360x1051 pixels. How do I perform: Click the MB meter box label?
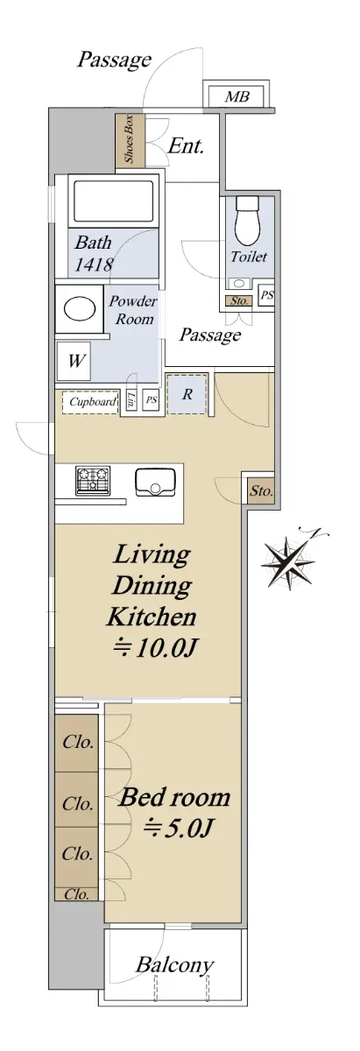pyautogui.click(x=237, y=96)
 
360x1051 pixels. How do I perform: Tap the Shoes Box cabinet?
pyautogui.click(x=130, y=139)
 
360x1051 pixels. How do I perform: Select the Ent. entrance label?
pyautogui.click(x=186, y=146)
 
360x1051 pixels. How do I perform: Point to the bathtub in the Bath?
pyautogui.click(x=113, y=201)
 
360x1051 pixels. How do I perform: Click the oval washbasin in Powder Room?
pyautogui.click(x=80, y=309)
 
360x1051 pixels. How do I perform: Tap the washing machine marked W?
pyautogui.click(x=74, y=361)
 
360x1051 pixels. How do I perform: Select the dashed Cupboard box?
pyautogui.click(x=90, y=401)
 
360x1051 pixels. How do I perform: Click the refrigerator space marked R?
pyautogui.click(x=187, y=393)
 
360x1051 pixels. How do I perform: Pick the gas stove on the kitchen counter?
pyautogui.click(x=93, y=481)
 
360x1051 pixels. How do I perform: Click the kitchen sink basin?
pyautogui.click(x=154, y=482)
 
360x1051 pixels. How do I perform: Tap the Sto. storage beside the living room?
pyautogui.click(x=261, y=490)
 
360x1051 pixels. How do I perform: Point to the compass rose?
pyautogui.click(x=290, y=561)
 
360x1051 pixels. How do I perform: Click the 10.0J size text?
pyautogui.click(x=154, y=648)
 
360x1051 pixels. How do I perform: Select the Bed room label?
pyautogui.click(x=174, y=797)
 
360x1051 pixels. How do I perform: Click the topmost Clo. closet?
pyautogui.click(x=77, y=742)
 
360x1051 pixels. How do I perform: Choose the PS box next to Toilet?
pyautogui.click(x=267, y=296)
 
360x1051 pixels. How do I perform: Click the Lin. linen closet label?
pyautogui.click(x=131, y=400)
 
